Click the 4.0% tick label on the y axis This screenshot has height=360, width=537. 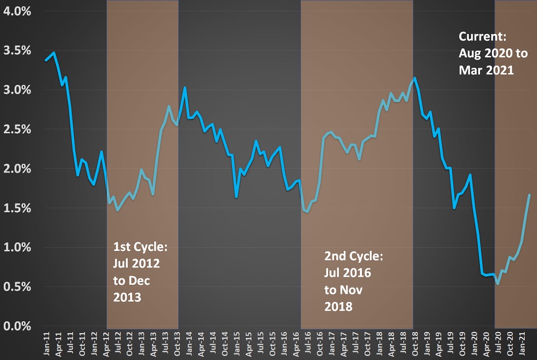pyautogui.click(x=17, y=11)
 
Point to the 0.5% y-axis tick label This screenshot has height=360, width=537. pyautogui.click(x=17, y=286)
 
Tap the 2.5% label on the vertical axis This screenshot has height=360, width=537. pyautogui.click(x=17, y=129)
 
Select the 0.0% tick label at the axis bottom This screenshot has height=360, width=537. pyautogui.click(x=17, y=326)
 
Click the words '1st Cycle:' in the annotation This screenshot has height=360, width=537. pyautogui.click(x=140, y=248)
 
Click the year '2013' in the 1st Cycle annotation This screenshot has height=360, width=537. pyautogui.click(x=127, y=297)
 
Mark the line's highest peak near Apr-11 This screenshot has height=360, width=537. pyautogui.click(x=53, y=53)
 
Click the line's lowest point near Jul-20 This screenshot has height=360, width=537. pyautogui.click(x=498, y=284)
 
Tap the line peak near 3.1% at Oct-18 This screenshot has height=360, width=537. pyautogui.click(x=415, y=78)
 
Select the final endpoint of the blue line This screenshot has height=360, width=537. pyautogui.click(x=529, y=195)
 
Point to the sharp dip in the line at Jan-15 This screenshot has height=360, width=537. pyautogui.click(x=236, y=197)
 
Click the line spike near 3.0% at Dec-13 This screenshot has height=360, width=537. pyautogui.click(x=185, y=88)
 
